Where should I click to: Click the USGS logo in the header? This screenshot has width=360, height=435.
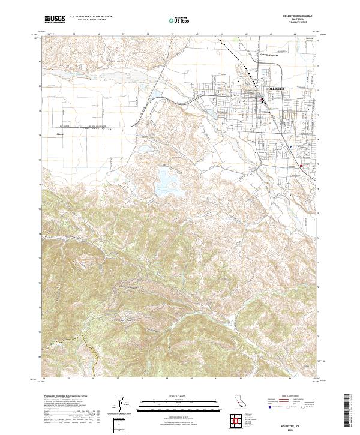[x=55, y=19]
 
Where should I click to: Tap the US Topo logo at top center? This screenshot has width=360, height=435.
[x=180, y=20]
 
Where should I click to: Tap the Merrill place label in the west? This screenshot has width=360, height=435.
[x=61, y=133]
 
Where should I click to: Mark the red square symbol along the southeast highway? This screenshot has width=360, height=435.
[x=301, y=166]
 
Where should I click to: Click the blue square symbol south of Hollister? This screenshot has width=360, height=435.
[x=292, y=146]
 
